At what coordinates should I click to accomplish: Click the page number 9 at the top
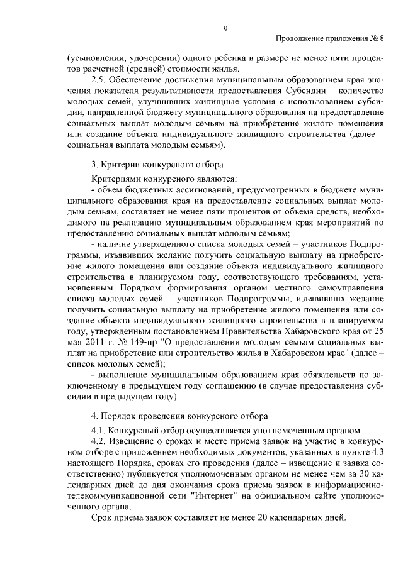pyautogui.click(x=225, y=28)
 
